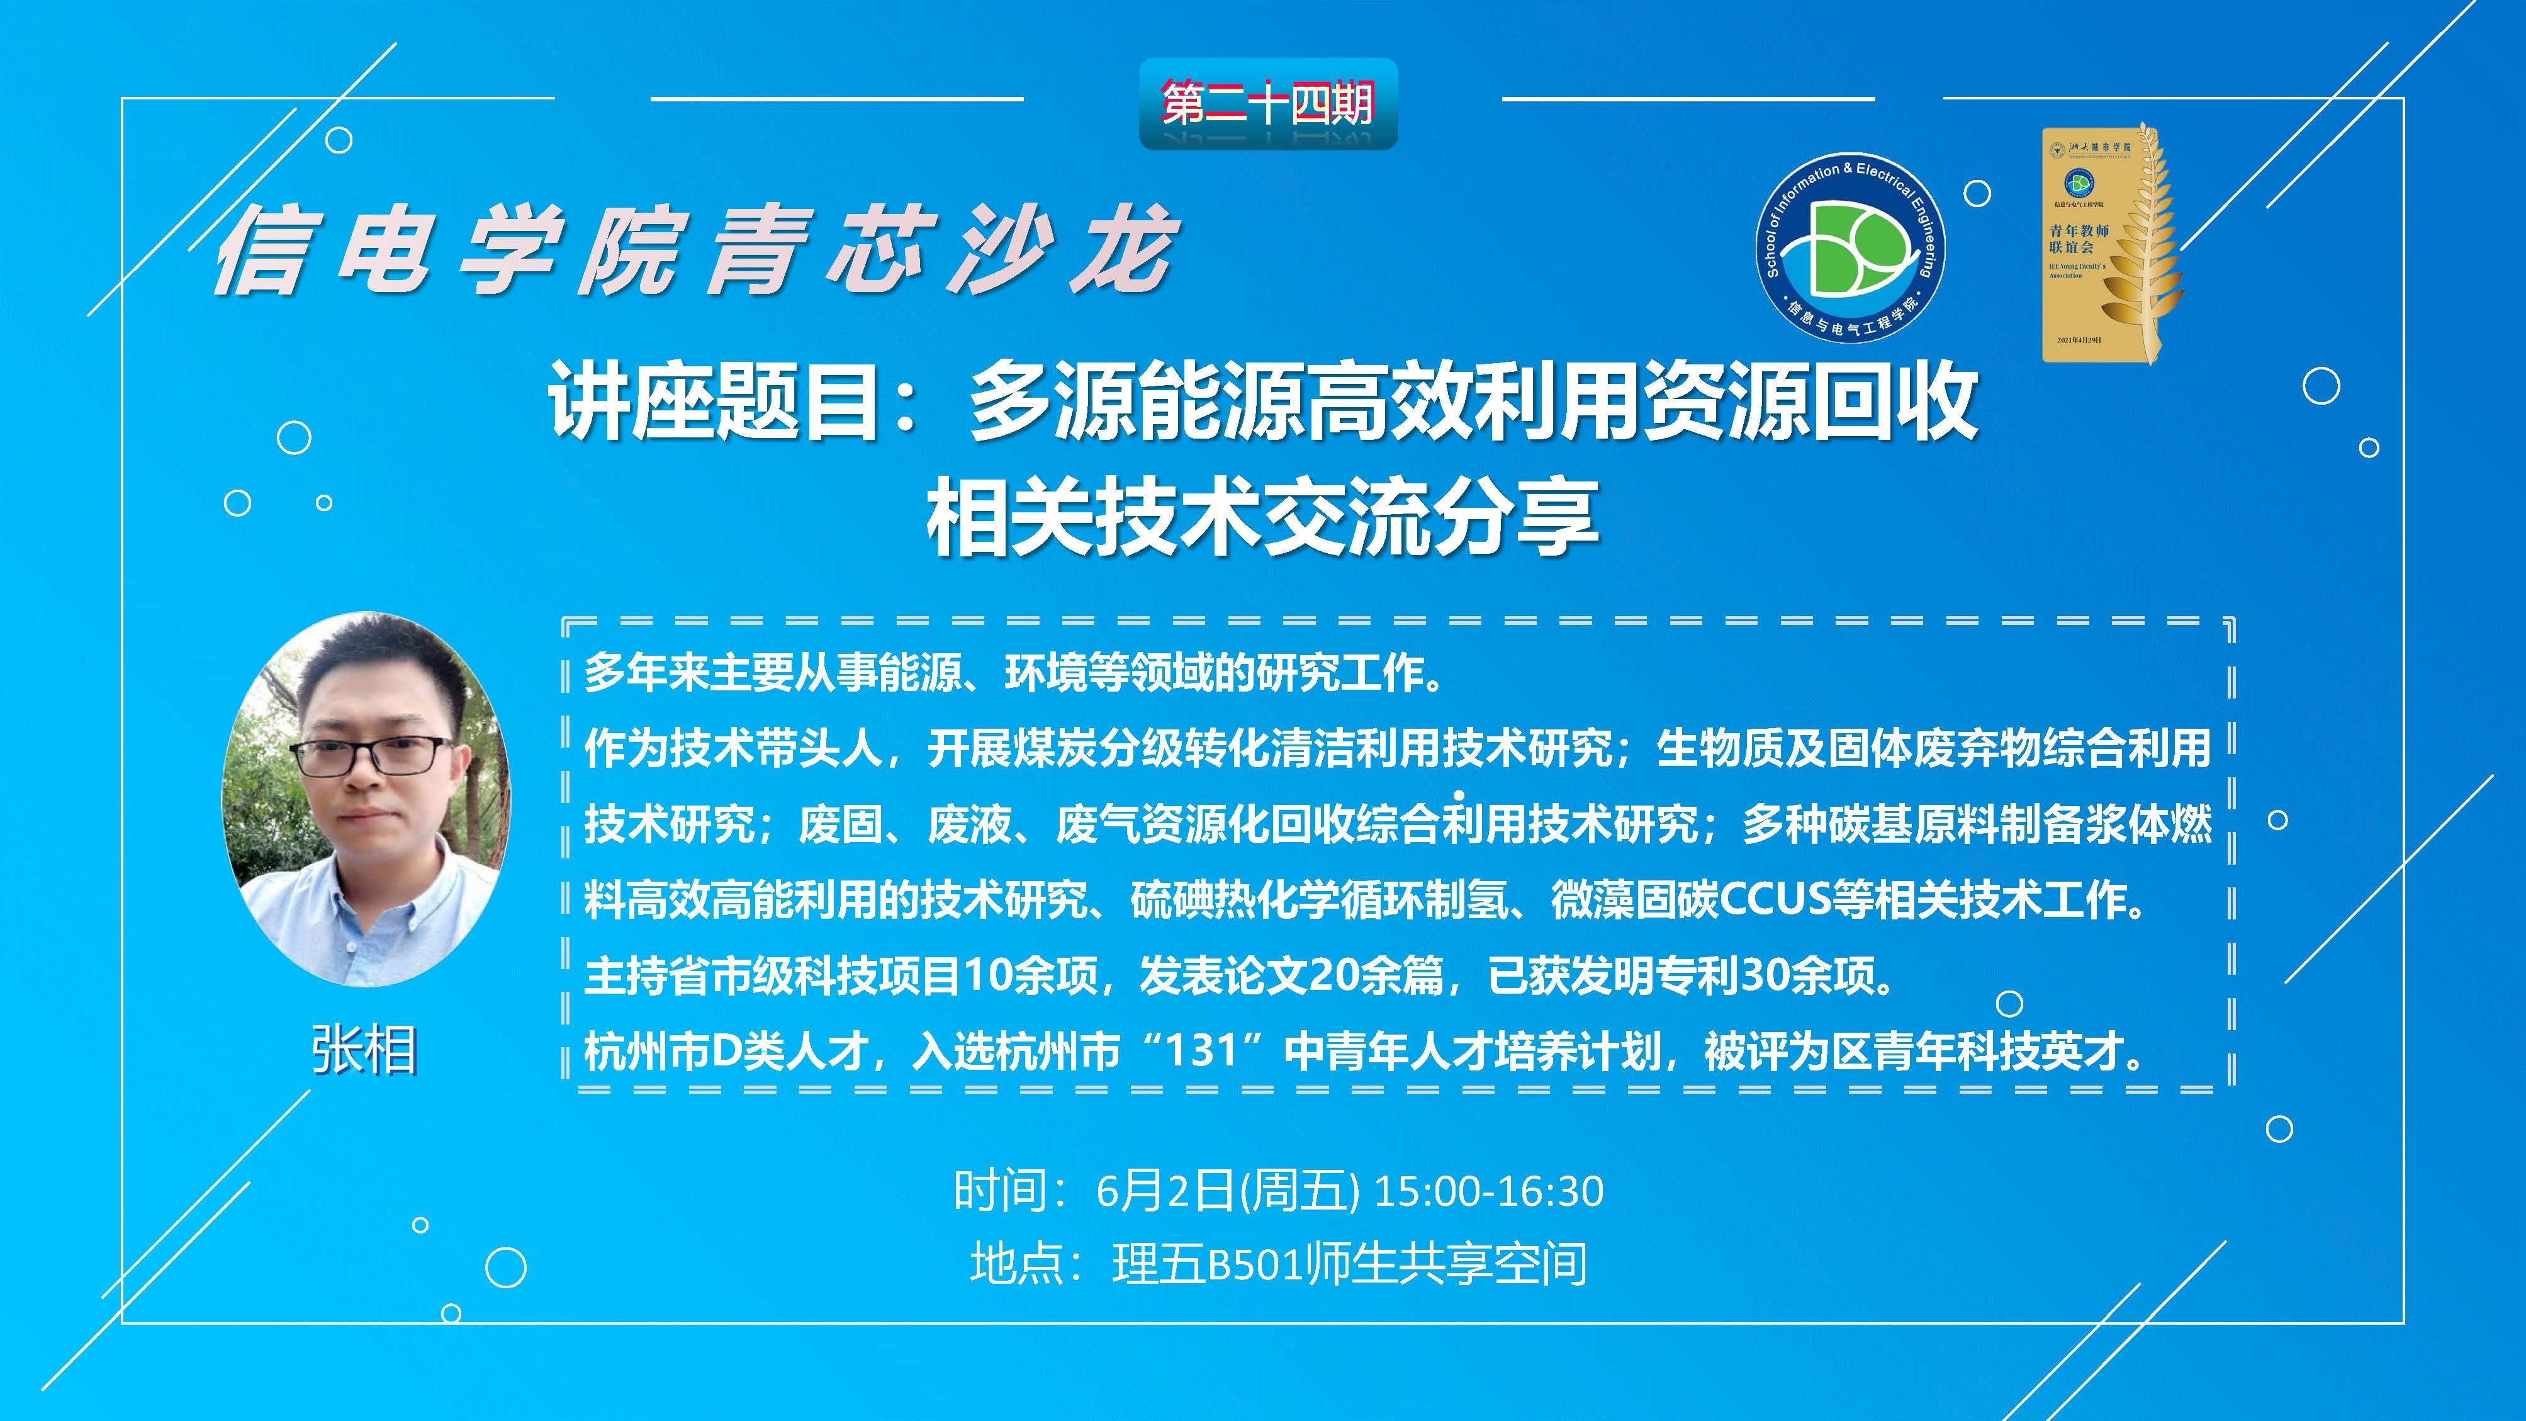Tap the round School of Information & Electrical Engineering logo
[x=1850, y=248]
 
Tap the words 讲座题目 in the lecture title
[x=713, y=400]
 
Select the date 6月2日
[x=1164, y=1191]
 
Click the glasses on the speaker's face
[x=372, y=755]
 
